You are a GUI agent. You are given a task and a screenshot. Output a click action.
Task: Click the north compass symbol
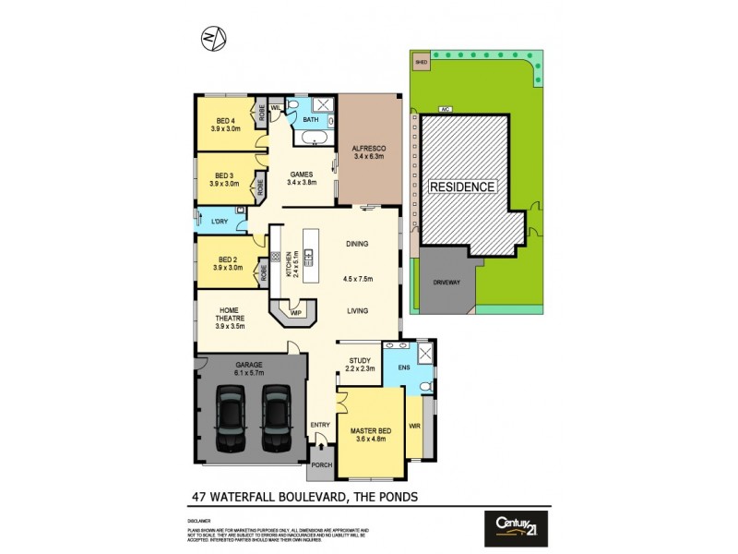click(x=214, y=37)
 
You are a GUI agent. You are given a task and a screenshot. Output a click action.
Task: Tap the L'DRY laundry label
click(x=220, y=223)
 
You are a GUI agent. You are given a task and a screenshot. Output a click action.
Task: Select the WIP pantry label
click(x=296, y=313)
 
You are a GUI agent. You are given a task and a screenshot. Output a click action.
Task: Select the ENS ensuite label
click(x=403, y=368)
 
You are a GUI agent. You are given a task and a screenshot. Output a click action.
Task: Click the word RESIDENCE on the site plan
click(x=462, y=187)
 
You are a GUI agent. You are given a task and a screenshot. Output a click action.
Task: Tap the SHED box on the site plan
click(x=422, y=63)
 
